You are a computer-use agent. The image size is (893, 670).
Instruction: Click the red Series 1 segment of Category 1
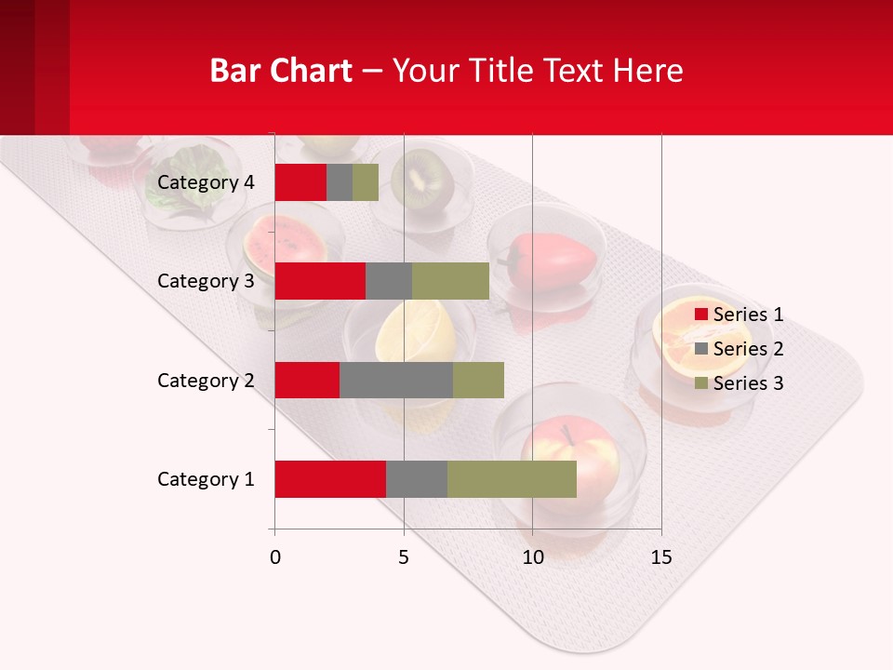(x=330, y=479)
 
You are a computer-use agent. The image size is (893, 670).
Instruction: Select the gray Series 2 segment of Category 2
(x=396, y=380)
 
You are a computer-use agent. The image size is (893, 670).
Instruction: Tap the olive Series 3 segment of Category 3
(x=450, y=281)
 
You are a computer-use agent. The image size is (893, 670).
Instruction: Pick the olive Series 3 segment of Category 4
(x=366, y=182)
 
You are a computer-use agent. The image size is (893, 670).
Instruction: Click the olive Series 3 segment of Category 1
(x=512, y=479)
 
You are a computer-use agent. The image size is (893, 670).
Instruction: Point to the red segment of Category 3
(x=320, y=281)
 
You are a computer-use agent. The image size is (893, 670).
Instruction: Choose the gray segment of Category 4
(x=340, y=182)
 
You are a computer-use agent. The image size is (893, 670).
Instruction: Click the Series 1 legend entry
(x=740, y=315)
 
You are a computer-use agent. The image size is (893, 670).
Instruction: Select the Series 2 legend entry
(x=740, y=349)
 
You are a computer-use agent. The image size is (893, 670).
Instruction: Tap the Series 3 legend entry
(x=740, y=383)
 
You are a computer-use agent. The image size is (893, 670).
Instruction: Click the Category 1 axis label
(x=206, y=479)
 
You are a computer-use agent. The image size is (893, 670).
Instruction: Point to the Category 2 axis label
(x=206, y=380)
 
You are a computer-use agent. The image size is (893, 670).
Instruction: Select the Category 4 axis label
(x=206, y=182)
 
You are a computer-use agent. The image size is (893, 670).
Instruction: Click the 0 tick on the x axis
(x=274, y=557)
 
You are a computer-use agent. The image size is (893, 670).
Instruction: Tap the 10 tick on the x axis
(x=532, y=557)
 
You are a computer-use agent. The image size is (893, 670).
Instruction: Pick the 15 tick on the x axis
(x=660, y=557)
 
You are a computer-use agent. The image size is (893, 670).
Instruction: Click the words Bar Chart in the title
(x=280, y=71)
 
